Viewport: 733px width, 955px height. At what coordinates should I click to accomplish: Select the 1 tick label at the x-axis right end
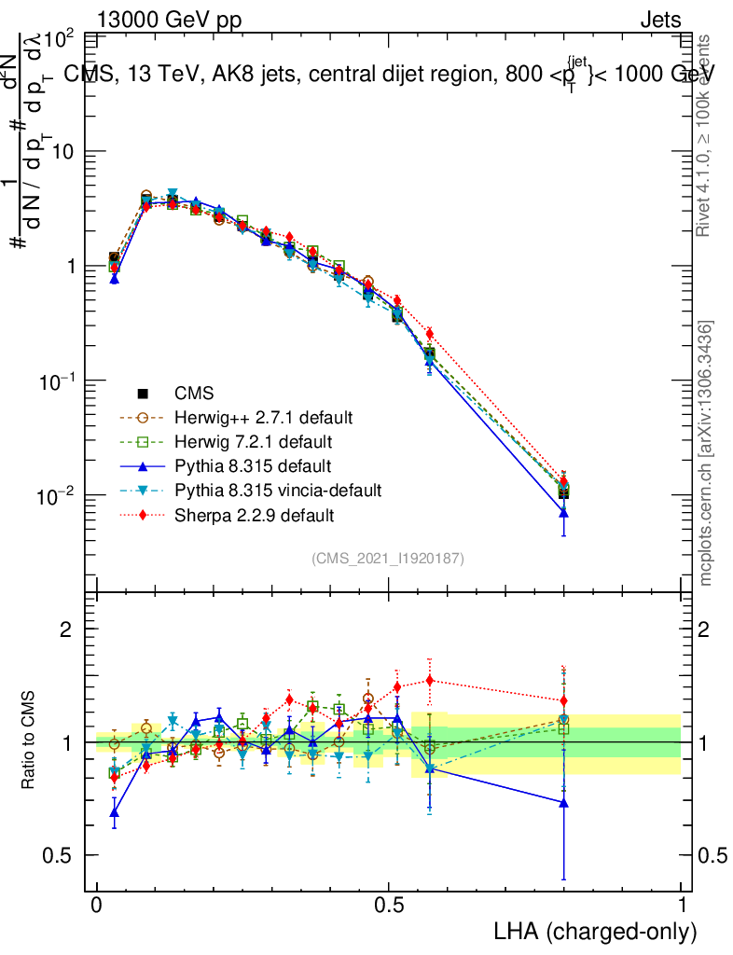click(x=682, y=904)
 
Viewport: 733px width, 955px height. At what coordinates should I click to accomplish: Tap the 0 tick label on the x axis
click(x=97, y=904)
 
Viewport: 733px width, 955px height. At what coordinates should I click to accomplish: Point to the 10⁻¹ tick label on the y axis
click(x=56, y=381)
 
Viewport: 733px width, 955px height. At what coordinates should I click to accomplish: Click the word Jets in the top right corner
click(x=660, y=20)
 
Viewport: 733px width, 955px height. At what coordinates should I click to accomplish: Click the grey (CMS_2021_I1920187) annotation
click(x=388, y=558)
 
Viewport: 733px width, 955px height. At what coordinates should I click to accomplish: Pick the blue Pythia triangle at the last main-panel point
click(x=563, y=513)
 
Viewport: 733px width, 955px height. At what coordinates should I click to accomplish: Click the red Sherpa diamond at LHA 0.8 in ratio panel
click(x=563, y=701)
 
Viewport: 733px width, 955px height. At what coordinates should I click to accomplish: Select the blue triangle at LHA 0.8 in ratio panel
click(x=563, y=802)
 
